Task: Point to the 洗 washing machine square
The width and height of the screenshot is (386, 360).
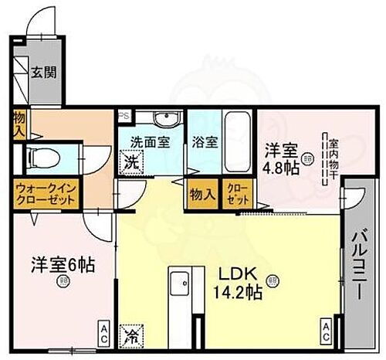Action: tap(132, 163)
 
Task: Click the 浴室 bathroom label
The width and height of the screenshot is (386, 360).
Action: tap(205, 144)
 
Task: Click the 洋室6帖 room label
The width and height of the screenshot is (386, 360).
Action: tap(63, 265)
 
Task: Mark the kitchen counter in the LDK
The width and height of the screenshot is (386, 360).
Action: tap(179, 306)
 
